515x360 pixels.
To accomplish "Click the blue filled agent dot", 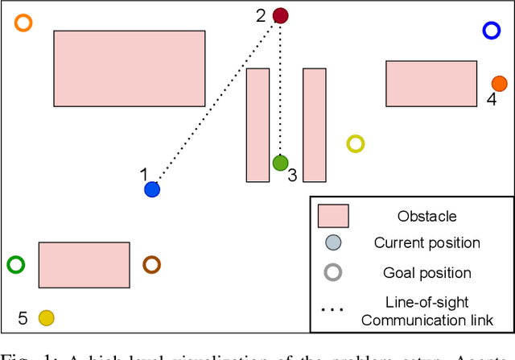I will pos(152,189).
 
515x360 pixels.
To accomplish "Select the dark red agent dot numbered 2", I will pos(280,14).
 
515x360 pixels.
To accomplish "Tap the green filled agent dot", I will pos(280,163).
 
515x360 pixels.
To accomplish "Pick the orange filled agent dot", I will pos(500,83).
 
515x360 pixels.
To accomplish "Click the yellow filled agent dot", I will pos(47,317).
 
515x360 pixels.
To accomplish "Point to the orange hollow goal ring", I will pos(24,23).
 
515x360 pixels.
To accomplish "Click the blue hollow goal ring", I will pos(492,31).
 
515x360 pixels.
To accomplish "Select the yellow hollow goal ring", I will pos(356,143).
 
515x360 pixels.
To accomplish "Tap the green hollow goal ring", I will pos(15,263).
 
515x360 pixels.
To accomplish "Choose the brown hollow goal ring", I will pos(151,263).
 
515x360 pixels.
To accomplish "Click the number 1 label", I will pos(144,174).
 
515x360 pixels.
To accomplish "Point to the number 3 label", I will pos(292,175).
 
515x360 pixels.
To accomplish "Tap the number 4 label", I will pos(491,99).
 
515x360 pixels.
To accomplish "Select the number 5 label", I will pos(23,318).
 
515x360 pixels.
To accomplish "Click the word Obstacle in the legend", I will pos(426,216).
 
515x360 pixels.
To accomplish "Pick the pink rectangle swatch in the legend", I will pos(333,216).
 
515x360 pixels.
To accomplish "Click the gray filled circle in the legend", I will pos(333,243).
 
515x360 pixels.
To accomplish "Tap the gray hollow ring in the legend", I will pos(333,272).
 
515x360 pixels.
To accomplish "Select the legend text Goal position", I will pos(426,273).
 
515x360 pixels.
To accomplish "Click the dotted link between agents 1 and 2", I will pos(216,102).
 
